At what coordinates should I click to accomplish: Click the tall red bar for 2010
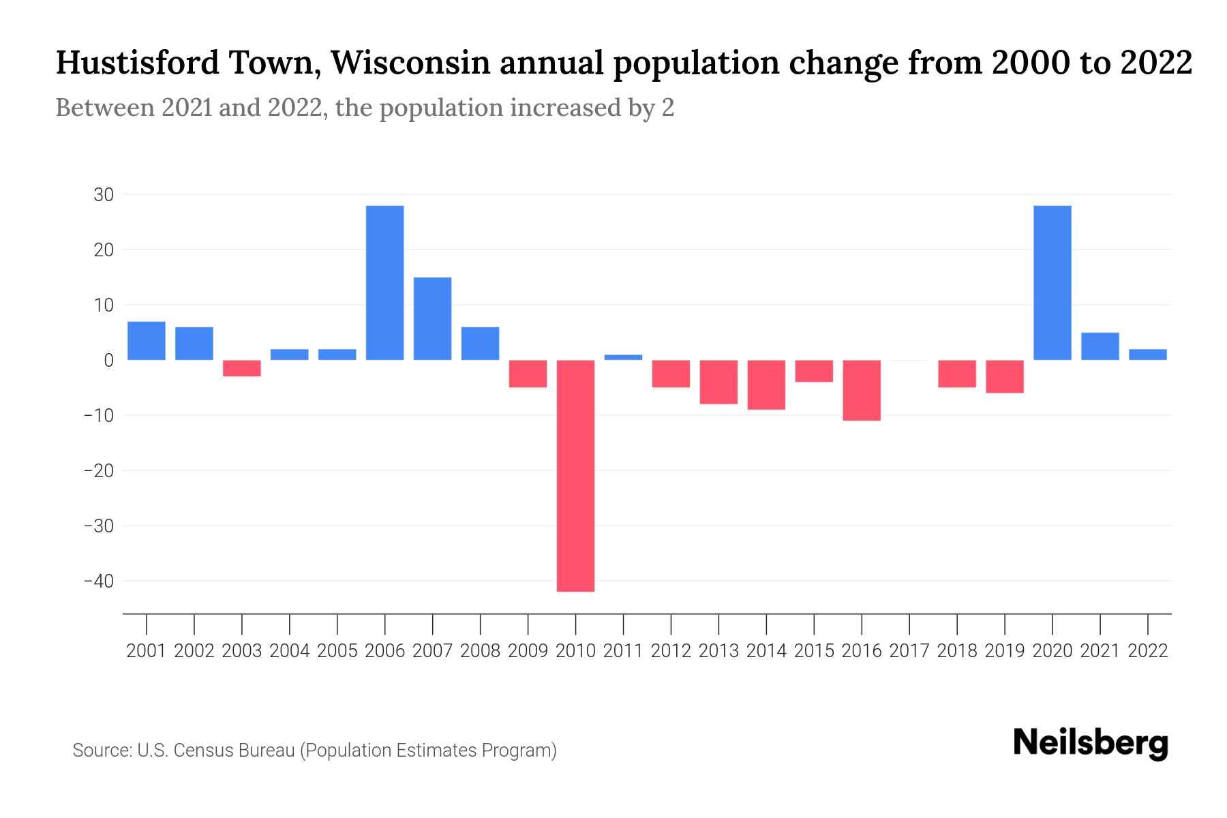pyautogui.click(x=575, y=475)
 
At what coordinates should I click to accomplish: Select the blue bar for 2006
pyautogui.click(x=384, y=282)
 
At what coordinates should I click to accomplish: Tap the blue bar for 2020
pyautogui.click(x=1052, y=282)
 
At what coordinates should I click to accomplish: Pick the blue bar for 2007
pyautogui.click(x=432, y=318)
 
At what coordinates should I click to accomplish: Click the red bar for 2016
pyautogui.click(x=862, y=390)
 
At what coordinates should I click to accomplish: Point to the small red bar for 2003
pyautogui.click(x=242, y=368)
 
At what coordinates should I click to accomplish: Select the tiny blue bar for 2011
pyautogui.click(x=623, y=357)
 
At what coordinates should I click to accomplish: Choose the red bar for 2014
pyautogui.click(x=766, y=384)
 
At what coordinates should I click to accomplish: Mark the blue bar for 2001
pyautogui.click(x=147, y=340)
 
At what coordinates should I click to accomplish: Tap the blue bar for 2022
pyautogui.click(x=1147, y=354)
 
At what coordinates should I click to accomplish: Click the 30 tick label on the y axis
pyautogui.click(x=104, y=195)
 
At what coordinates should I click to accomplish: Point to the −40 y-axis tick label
pyautogui.click(x=98, y=581)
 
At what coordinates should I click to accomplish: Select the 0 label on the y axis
pyautogui.click(x=108, y=361)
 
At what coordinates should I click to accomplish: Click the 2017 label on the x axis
pyautogui.click(x=909, y=651)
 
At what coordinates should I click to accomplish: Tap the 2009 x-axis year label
pyautogui.click(x=528, y=651)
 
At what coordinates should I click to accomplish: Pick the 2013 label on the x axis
pyautogui.click(x=718, y=651)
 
